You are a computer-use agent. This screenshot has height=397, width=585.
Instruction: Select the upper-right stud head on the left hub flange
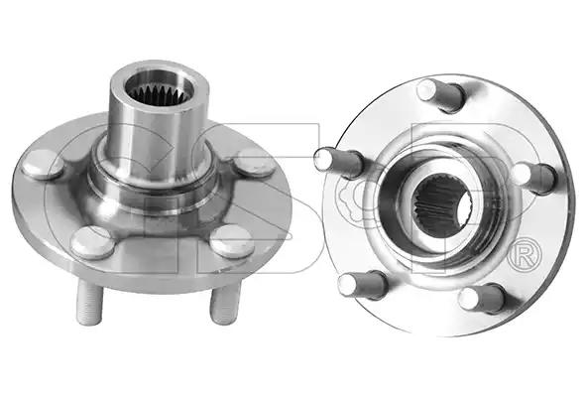[x=255, y=163]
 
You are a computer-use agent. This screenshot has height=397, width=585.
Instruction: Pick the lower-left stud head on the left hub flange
[x=93, y=242]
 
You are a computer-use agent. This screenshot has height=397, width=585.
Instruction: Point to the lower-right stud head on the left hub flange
[x=231, y=241]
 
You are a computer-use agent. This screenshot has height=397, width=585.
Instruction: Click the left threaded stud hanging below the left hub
[x=89, y=302]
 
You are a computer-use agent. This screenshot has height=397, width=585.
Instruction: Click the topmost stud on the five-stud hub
[x=440, y=95]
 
